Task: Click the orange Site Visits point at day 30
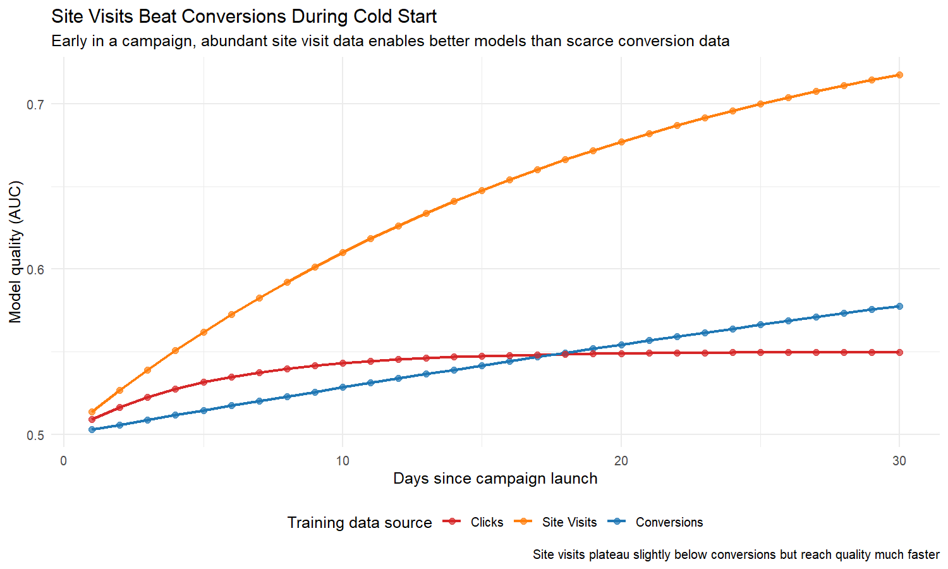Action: tap(899, 75)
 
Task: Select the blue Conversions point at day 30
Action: tap(899, 306)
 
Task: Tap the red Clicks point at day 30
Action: tap(899, 352)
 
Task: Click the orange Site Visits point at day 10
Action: tap(343, 252)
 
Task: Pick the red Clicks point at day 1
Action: tap(92, 419)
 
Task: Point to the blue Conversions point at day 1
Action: tap(92, 429)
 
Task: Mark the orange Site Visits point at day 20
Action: tap(621, 142)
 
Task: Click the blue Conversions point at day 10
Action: tap(343, 387)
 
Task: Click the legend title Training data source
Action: tap(359, 523)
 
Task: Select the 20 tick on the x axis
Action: tap(621, 461)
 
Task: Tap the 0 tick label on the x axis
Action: tap(63, 461)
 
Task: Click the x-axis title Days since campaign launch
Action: tap(495, 479)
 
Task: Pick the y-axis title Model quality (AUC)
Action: tap(15, 252)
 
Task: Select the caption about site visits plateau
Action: tap(736, 554)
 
